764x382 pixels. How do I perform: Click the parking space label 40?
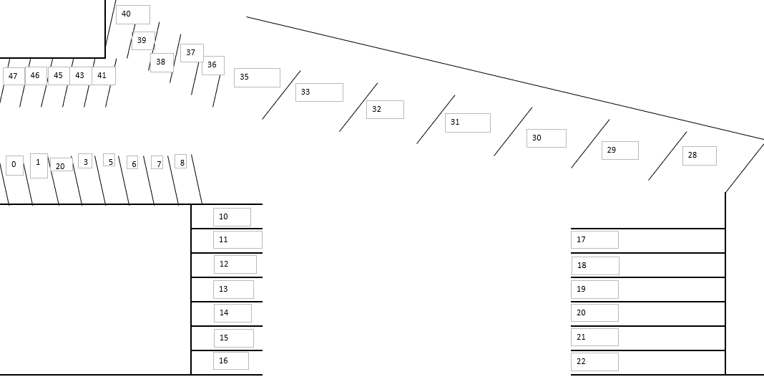[132, 14]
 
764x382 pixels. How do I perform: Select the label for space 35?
[256, 77]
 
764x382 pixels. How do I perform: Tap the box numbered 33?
[318, 92]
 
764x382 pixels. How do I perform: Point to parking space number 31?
[467, 123]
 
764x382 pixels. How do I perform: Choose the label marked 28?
[699, 156]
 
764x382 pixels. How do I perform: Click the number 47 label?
[14, 76]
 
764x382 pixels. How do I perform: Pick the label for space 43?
[80, 75]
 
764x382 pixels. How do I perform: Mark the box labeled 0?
[14, 165]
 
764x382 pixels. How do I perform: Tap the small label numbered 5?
[109, 161]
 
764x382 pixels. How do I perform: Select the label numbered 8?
[181, 162]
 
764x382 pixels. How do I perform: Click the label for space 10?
[232, 217]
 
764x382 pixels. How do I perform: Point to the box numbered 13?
[233, 290]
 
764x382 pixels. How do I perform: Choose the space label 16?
[230, 360]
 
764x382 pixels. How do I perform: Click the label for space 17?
[594, 240]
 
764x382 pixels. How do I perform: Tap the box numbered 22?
[594, 362]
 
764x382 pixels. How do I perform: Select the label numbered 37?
[192, 53]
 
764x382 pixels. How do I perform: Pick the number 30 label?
[546, 138]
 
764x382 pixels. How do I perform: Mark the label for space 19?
[594, 290]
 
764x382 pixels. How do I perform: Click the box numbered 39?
[143, 41]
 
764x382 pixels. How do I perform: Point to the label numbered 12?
[235, 264]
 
